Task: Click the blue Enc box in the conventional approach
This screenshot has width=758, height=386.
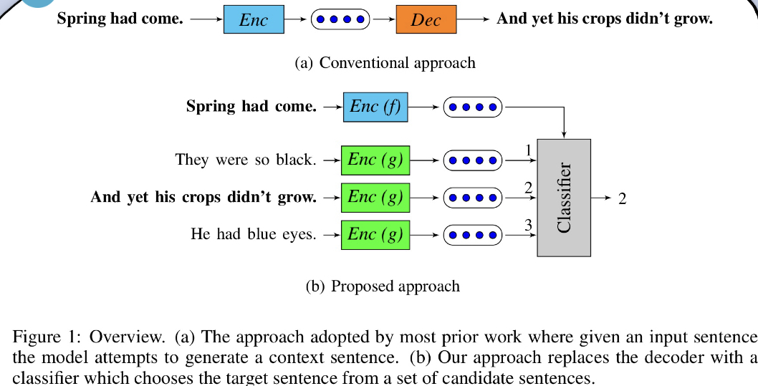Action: coord(253,19)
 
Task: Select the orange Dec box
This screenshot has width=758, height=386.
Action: coord(426,19)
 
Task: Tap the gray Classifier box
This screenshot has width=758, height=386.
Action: coord(564,198)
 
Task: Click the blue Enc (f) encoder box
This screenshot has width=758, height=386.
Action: coord(375,107)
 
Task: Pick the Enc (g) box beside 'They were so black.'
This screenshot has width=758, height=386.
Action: coord(375,160)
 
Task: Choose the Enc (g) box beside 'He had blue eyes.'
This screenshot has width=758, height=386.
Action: coord(375,233)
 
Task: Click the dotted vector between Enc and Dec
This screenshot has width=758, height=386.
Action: coord(340,19)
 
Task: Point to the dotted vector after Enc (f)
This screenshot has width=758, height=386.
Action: coord(473,107)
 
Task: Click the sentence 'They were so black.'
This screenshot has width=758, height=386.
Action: coord(246,160)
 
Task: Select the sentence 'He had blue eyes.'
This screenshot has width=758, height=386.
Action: coord(254,233)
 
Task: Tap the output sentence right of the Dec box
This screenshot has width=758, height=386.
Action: coord(604,19)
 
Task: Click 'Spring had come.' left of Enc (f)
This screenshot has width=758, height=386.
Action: coord(251,107)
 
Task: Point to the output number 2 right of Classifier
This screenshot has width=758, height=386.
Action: coord(622,198)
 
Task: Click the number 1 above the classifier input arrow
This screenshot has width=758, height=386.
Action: coord(528,150)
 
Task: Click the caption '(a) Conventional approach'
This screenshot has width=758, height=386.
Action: coord(385,63)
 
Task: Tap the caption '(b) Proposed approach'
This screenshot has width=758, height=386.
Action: coord(383,286)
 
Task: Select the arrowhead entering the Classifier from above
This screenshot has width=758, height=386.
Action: coord(565,134)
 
